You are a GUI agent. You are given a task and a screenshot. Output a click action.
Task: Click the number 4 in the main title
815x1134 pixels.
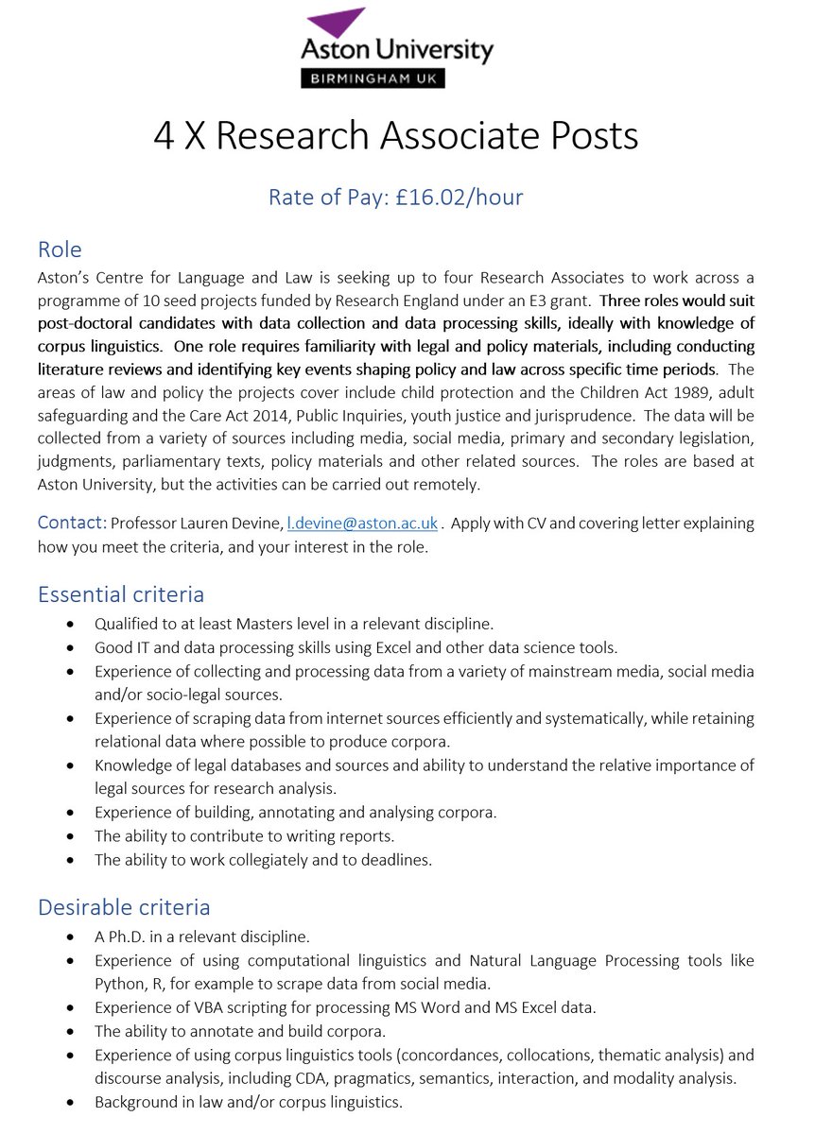pos(165,136)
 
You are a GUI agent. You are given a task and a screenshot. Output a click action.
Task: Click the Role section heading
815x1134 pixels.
pos(60,249)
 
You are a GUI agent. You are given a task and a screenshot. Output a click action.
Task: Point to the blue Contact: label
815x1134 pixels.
pos(71,523)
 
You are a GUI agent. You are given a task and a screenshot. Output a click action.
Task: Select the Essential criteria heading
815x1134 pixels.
pos(121,594)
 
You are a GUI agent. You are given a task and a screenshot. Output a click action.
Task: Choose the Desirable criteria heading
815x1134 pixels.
pos(124,907)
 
